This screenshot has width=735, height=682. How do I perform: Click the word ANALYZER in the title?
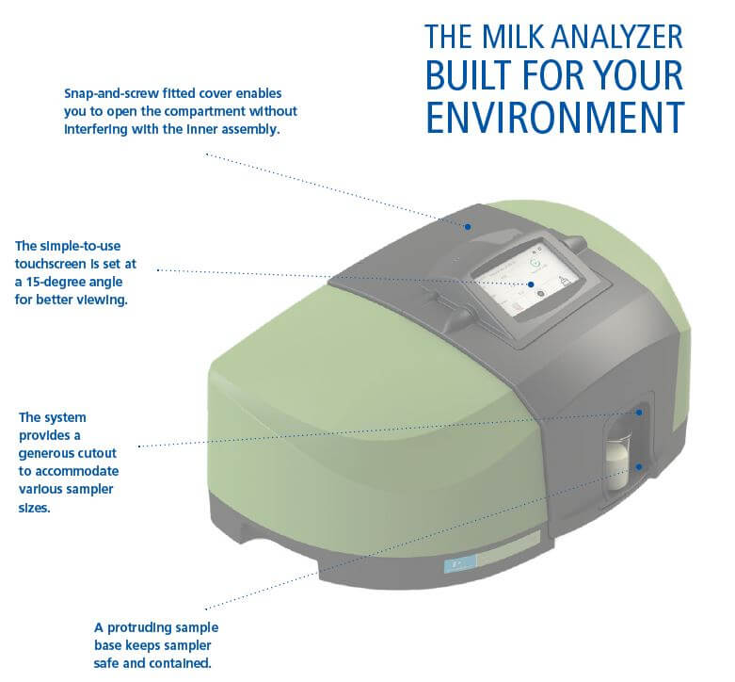click(x=611, y=36)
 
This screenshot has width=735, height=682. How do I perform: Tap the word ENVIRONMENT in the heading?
click(x=555, y=117)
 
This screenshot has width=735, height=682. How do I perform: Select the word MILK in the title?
click(x=507, y=36)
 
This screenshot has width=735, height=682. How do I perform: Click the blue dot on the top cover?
click(x=468, y=227)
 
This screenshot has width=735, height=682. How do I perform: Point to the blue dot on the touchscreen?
click(x=531, y=284)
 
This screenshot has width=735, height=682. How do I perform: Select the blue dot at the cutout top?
click(x=639, y=413)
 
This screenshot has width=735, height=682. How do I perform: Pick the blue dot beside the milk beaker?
click(x=638, y=467)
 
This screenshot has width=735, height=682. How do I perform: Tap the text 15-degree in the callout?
click(x=73, y=282)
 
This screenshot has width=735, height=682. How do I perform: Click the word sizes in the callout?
click(x=34, y=508)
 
